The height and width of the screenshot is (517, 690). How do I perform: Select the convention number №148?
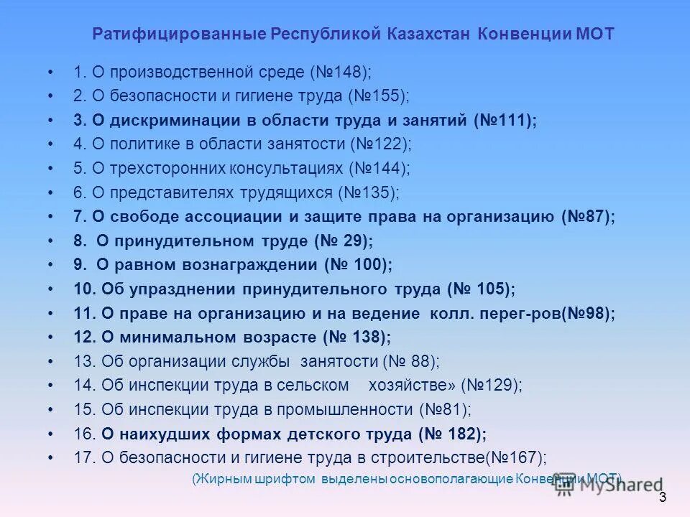pyautogui.click(x=341, y=72)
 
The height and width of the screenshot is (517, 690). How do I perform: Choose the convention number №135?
pyautogui.click(x=369, y=192)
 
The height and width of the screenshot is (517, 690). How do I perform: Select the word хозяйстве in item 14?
pyautogui.click(x=408, y=386)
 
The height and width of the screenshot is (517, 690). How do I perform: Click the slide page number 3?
pyautogui.click(x=662, y=498)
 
